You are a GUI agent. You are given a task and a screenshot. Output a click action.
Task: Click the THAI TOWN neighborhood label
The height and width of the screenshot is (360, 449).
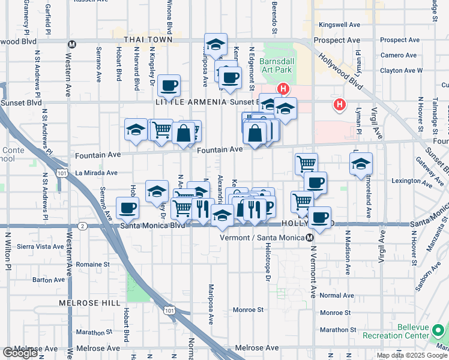148,40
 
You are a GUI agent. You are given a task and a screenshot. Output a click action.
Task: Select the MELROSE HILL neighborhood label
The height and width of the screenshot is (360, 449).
89,303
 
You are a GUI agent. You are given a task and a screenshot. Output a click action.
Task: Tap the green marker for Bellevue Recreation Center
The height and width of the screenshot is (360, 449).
439,330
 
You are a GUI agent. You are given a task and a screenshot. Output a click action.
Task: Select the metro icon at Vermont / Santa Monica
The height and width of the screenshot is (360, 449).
310,238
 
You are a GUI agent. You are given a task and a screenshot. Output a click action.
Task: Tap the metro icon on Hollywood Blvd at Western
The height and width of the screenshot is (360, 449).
71,44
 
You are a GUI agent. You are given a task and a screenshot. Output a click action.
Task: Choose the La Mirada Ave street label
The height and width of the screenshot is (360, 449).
96,173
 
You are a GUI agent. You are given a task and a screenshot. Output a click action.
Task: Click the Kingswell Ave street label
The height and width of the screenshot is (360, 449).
339,25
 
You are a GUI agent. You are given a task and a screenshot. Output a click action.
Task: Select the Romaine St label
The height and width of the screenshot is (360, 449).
92,263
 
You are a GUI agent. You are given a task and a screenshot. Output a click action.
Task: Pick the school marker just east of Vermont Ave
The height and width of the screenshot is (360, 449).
361,164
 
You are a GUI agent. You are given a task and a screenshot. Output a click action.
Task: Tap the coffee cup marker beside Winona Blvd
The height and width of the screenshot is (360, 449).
170,86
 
